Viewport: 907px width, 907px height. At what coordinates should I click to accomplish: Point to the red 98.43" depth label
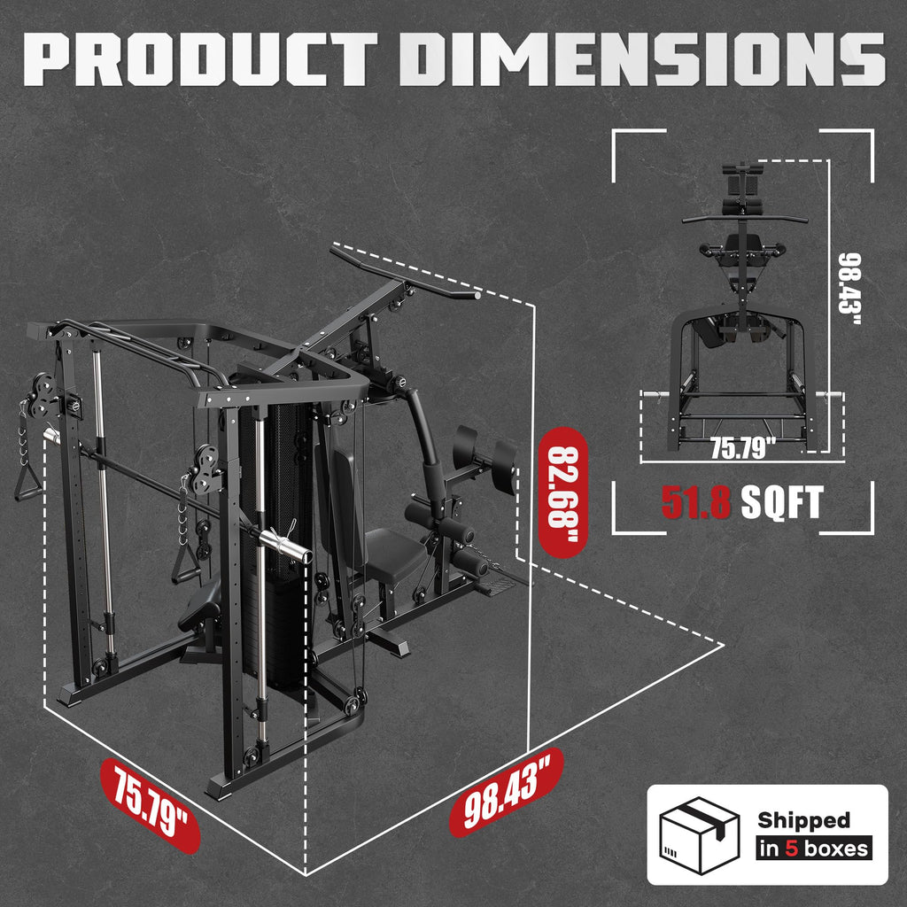506,791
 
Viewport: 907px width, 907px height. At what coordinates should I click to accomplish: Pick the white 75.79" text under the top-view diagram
743,448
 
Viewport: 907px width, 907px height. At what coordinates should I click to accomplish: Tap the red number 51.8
696,503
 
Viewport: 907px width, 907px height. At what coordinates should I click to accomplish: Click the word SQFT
782,503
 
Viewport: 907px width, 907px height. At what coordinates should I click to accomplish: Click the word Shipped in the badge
802,820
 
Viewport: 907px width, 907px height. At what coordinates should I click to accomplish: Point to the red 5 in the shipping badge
791,849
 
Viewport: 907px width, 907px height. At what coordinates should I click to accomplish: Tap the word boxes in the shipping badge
834,849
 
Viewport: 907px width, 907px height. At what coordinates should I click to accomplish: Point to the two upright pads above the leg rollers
485,454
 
